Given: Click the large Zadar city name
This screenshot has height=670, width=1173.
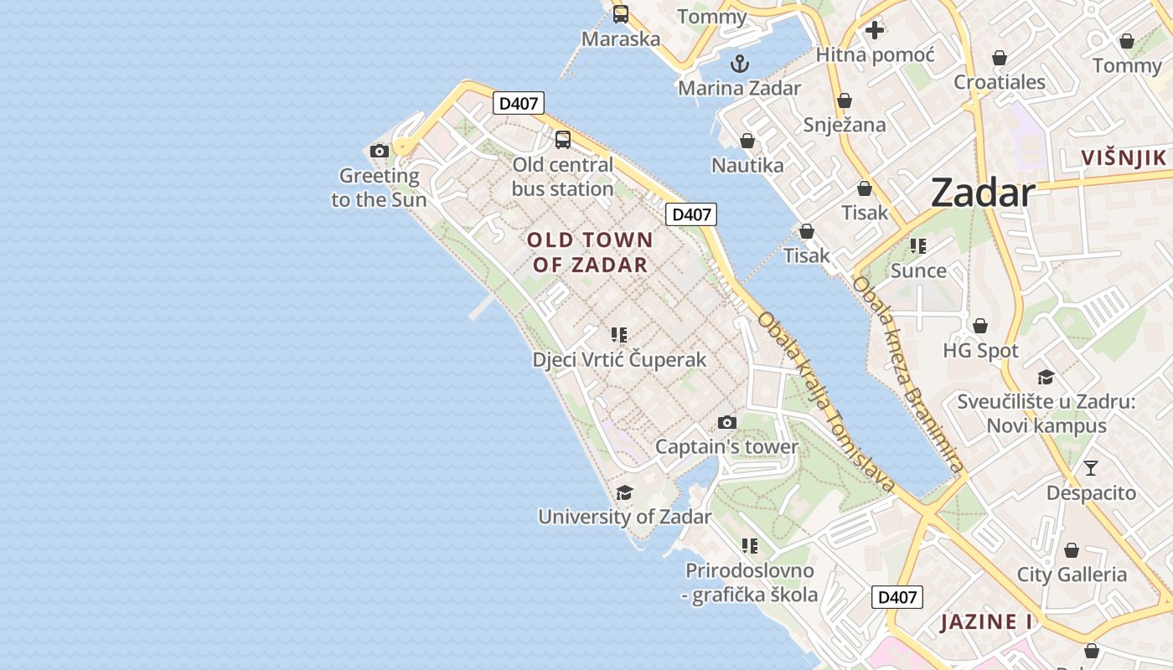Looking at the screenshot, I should [x=983, y=193].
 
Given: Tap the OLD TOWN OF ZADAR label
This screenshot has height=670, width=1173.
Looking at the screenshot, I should [x=590, y=252].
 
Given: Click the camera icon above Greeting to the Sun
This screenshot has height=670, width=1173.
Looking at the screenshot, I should [x=380, y=151].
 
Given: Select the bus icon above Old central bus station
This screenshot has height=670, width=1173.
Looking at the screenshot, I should [x=563, y=140].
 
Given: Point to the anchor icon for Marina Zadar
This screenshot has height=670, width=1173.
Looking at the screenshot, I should [x=739, y=63].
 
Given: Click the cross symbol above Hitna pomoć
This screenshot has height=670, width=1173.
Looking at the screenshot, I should [x=875, y=31].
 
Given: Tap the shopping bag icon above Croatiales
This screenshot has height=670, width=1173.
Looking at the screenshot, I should [x=999, y=58].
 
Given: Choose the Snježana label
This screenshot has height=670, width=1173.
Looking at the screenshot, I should [x=845, y=125].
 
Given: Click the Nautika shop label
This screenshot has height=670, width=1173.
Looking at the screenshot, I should [x=747, y=165].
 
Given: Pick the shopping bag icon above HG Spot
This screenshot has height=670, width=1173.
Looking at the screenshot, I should [x=979, y=326].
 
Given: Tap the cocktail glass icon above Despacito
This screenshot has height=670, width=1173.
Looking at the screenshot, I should [x=1090, y=468].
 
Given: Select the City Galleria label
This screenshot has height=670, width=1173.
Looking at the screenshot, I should [x=1072, y=575].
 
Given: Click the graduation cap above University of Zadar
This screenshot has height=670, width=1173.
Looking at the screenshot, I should [x=624, y=492].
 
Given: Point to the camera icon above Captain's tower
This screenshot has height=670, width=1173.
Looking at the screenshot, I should [x=727, y=422].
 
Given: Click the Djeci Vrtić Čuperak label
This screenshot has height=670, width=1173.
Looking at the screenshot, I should [x=619, y=360].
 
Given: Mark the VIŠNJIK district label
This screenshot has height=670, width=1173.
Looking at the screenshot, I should [x=1124, y=157].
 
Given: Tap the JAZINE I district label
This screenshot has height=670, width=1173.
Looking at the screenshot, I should [x=986, y=622].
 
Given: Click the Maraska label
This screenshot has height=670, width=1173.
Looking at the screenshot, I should [x=621, y=39].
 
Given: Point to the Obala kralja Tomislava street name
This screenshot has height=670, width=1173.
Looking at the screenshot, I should [x=825, y=402].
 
